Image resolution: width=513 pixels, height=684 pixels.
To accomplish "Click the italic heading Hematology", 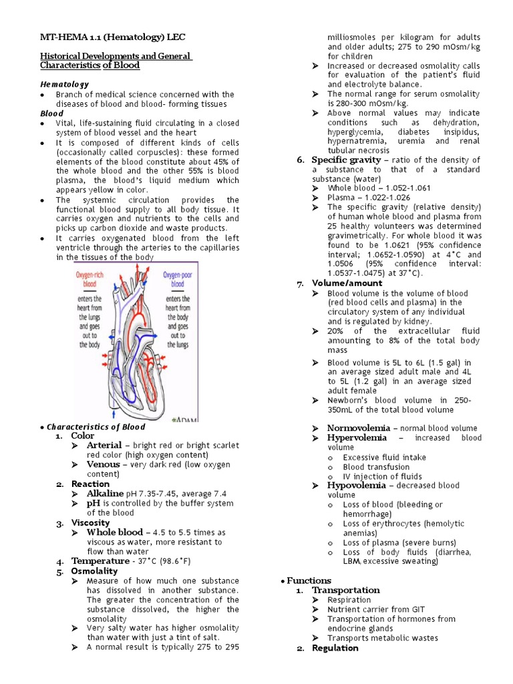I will click(x=65, y=85).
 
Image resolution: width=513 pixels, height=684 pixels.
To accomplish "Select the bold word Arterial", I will click(x=104, y=445).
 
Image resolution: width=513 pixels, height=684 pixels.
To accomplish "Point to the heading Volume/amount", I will click(x=347, y=283).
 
